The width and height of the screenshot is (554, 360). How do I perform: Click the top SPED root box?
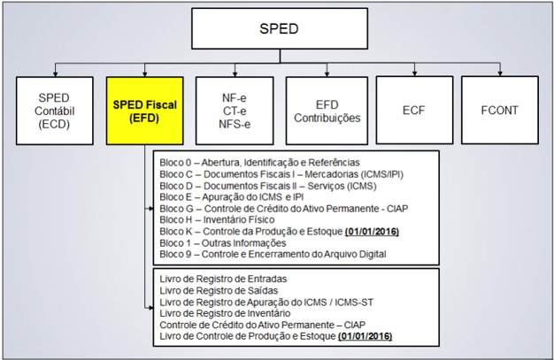[281, 29]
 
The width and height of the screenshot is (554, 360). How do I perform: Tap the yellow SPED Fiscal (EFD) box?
[143, 110]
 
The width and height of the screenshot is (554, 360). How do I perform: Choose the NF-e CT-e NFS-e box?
[235, 110]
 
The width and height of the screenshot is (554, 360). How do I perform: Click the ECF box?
[415, 110]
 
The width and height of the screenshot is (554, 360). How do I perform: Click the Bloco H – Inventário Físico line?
[218, 218]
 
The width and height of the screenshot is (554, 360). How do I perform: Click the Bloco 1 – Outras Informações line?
[222, 241]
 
